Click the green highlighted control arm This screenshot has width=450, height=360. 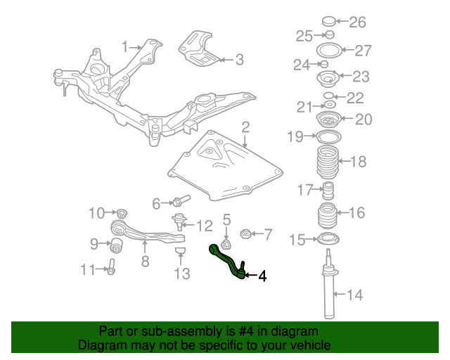pyautogui.click(x=226, y=260)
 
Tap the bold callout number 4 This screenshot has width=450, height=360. pyautogui.click(x=262, y=276)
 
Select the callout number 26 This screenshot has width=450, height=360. pyautogui.click(x=357, y=22)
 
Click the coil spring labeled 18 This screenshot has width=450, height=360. pyautogui.click(x=328, y=162)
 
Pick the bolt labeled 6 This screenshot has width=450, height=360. pyautogui.click(x=181, y=200)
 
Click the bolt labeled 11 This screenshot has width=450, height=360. pyautogui.click(x=111, y=266)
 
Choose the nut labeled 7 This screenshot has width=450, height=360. pyautogui.click(x=245, y=233)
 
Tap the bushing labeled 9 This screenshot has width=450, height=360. pyautogui.click(x=116, y=245)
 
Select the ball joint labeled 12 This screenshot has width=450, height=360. pyautogui.click(x=179, y=221)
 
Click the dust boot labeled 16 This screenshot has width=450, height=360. pyautogui.click(x=327, y=216)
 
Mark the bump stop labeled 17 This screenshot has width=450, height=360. pyautogui.click(x=328, y=191)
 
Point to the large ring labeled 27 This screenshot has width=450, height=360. pyautogui.click(x=329, y=50)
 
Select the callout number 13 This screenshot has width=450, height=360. pyautogui.click(x=182, y=274)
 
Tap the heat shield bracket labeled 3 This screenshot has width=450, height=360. pyautogui.click(x=198, y=49)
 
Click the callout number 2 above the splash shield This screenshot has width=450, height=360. pyautogui.click(x=245, y=127)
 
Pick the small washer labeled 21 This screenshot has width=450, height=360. pyautogui.click(x=330, y=104)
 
